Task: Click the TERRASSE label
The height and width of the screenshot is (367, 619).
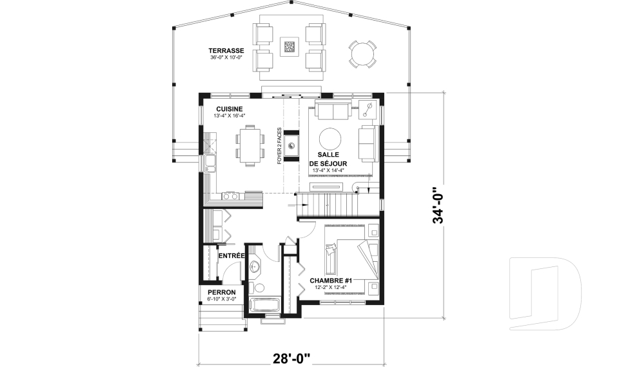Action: click(x=226, y=50)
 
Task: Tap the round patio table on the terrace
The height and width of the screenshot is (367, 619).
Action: click(x=362, y=54)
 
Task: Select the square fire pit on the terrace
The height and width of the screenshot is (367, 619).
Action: click(x=290, y=47)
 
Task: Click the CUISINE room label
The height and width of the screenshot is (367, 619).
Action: click(x=230, y=108)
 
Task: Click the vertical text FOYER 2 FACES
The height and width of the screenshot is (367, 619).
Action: click(x=279, y=146)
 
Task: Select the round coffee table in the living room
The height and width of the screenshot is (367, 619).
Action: click(x=332, y=139)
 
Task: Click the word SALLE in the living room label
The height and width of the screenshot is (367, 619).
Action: click(x=329, y=155)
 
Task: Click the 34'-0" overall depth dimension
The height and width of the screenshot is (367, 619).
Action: click(x=439, y=205)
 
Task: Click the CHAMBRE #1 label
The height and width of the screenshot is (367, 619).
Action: click(x=331, y=281)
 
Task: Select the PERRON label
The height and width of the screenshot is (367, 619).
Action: click(x=222, y=292)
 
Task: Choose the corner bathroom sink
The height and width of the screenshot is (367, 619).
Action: click(x=255, y=266)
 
